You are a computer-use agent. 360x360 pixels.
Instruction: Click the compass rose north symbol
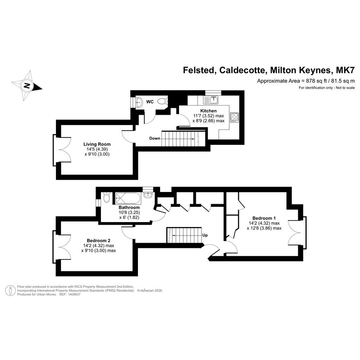(27, 86)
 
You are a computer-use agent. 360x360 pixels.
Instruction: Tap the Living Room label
(97, 144)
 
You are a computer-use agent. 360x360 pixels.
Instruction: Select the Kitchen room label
(208, 111)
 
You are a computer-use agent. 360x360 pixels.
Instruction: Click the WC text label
(150, 102)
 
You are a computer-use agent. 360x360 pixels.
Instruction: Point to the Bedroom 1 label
(264, 218)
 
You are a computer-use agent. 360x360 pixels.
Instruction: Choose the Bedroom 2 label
(99, 241)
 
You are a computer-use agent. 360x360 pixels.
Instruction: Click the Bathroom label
(129, 207)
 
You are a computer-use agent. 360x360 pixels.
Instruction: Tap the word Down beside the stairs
(155, 138)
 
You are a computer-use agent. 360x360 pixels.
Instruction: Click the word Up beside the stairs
(205, 235)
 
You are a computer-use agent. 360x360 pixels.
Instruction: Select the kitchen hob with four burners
(234, 117)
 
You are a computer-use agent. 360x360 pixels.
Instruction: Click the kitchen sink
(211, 100)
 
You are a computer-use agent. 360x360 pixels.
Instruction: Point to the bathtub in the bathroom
(128, 198)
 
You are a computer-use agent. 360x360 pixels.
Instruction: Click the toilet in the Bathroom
(106, 197)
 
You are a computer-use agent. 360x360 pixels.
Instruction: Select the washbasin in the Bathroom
(148, 195)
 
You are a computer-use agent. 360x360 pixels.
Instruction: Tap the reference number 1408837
(73, 294)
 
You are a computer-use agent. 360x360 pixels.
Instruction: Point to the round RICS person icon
(10, 290)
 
